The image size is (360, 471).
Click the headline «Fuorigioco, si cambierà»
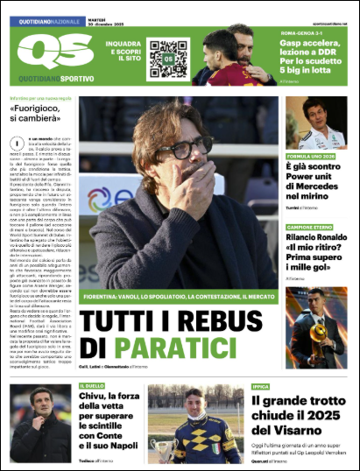pos(38,112)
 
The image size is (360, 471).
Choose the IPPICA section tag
pos(261,384)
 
